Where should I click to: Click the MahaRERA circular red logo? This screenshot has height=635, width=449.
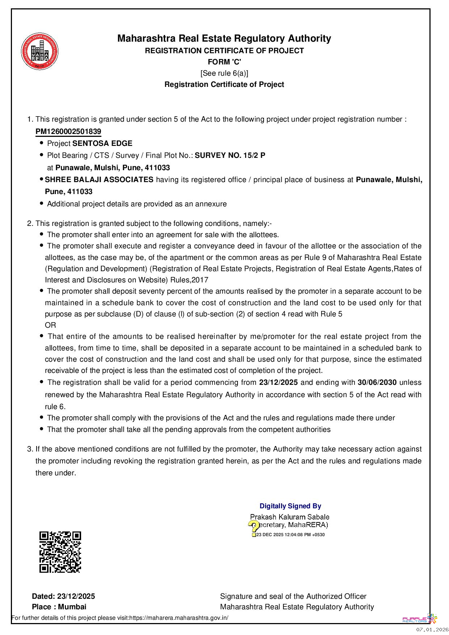coord(39,51)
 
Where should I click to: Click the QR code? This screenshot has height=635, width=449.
coord(60,552)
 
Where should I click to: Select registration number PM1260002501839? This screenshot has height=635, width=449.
coord(68,131)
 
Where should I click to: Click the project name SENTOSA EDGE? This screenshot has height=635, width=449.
coord(102,143)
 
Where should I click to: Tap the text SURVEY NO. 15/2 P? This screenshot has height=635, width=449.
coord(230,156)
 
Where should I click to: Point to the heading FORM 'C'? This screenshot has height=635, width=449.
coord(224,62)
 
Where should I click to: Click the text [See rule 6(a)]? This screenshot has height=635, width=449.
coord(224,73)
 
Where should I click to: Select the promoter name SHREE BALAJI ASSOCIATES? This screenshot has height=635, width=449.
coord(99,180)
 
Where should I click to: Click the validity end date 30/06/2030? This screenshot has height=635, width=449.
coord(377,383)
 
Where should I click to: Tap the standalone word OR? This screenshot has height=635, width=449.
coord(50,325)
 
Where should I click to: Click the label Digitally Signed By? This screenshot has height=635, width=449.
coord(290,506)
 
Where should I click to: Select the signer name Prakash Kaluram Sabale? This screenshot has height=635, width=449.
coord(290,517)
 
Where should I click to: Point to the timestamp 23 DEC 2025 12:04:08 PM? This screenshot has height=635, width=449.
coord(290,535)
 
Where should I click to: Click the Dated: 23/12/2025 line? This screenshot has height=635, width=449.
coord(64,596)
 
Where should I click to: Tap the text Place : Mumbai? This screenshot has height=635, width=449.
coord(59,607)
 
